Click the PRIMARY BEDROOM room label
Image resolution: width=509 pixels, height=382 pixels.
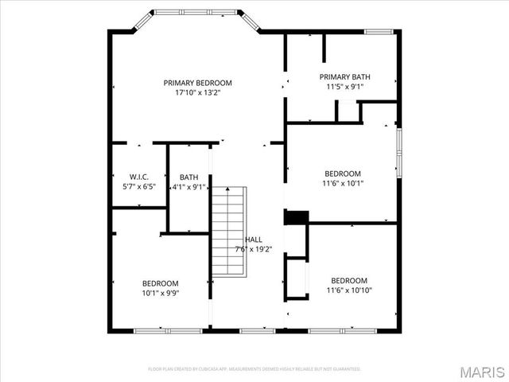click(x=197, y=83)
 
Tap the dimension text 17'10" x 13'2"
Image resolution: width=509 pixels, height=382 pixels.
click(x=197, y=92)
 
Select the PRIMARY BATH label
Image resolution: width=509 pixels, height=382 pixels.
click(x=344, y=77)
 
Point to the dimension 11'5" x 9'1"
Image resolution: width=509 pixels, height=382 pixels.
click(x=344, y=87)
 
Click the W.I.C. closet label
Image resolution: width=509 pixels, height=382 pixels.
click(x=139, y=177)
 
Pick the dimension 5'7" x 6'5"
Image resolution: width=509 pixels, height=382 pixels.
click(x=139, y=187)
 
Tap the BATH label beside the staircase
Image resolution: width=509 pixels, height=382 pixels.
click(x=188, y=177)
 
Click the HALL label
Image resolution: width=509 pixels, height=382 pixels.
click(x=253, y=240)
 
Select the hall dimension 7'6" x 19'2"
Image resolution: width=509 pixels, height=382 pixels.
click(x=253, y=249)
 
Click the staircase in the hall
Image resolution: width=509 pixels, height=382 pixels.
click(x=227, y=231)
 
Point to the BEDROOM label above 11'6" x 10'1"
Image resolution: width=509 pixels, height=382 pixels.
click(x=343, y=173)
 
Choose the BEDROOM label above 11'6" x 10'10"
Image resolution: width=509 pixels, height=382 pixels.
click(x=349, y=280)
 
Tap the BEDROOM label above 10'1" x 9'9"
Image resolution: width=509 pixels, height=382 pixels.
click(x=160, y=283)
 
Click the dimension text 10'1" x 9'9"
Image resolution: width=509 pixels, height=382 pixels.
click(x=160, y=293)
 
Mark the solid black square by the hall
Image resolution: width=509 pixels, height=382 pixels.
click(x=296, y=217)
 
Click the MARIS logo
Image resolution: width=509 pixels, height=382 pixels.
click(x=482, y=371)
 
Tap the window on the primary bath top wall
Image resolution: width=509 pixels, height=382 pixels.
click(x=379, y=32)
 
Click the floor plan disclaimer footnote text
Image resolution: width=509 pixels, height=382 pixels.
click(x=254, y=369)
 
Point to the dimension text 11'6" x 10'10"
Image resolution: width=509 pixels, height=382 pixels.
click(x=349, y=290)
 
